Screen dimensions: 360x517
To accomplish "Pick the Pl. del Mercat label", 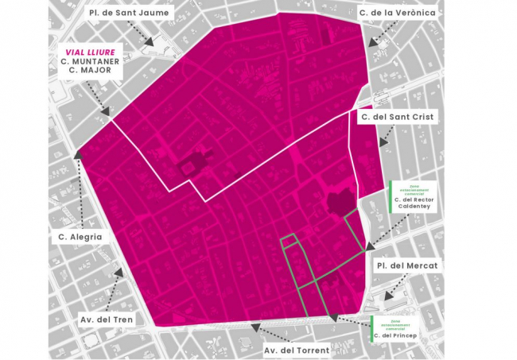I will point(407,264).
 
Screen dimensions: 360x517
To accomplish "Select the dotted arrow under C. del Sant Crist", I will point(383,137).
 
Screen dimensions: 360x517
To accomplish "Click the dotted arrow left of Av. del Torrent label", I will point(254,326).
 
